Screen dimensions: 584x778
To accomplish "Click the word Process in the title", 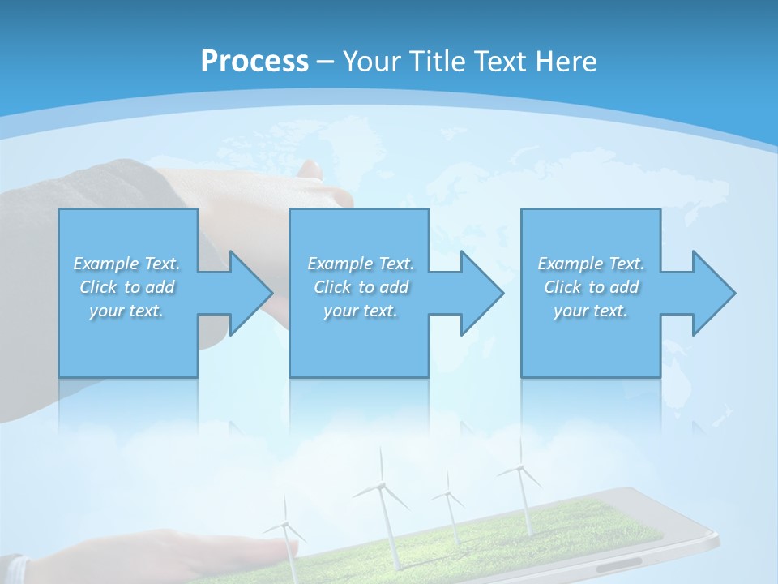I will pyautogui.click(x=254, y=61).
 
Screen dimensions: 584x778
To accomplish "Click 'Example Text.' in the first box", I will pyautogui.click(x=126, y=264).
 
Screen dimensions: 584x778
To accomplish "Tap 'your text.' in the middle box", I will pyautogui.click(x=360, y=311).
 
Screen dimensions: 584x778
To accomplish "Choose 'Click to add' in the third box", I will pyautogui.click(x=591, y=287).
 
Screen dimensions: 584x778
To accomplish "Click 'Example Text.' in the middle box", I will pyautogui.click(x=360, y=264).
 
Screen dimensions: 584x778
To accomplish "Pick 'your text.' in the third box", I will pyautogui.click(x=591, y=311).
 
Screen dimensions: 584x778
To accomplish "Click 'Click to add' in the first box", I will pyautogui.click(x=126, y=287).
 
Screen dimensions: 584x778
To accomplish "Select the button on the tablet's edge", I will pyautogui.click(x=619, y=561).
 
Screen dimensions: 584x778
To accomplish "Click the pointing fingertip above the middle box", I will pyautogui.click(x=310, y=170).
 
